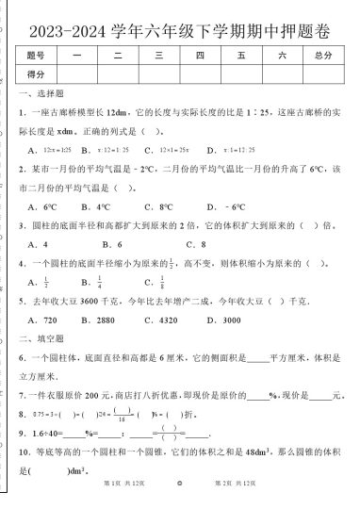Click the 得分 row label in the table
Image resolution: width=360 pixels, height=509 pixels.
37,74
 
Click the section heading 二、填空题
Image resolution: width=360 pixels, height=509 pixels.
39,337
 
